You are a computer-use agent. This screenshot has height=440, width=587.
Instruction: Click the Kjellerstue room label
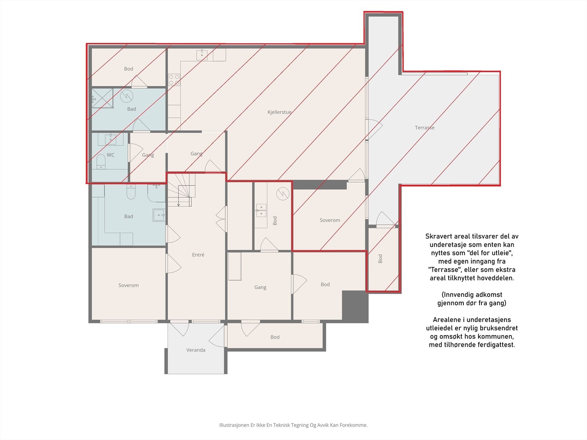click(x=280, y=112)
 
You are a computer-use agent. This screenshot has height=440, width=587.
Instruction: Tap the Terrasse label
click(x=424, y=128)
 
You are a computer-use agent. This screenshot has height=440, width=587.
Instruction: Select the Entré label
click(x=198, y=255)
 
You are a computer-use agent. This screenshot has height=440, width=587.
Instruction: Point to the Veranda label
click(x=196, y=350)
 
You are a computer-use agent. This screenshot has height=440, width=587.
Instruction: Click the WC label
click(x=110, y=155)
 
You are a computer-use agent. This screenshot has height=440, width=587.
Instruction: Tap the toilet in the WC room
click(x=101, y=161)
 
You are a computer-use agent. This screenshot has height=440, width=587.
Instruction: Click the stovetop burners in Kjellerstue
click(x=174, y=80)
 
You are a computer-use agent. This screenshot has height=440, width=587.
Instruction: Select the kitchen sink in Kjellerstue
click(x=202, y=55)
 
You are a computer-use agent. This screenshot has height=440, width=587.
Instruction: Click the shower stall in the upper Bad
click(x=102, y=98)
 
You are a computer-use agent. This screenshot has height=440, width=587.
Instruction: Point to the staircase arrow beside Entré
click(x=178, y=202)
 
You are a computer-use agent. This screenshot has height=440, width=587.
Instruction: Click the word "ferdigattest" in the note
click(x=497, y=345)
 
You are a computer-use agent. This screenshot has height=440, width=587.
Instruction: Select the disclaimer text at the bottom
click(x=293, y=425)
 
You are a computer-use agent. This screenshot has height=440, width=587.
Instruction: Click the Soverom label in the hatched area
click(x=330, y=220)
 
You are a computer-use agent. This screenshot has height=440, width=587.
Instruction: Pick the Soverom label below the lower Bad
click(x=128, y=285)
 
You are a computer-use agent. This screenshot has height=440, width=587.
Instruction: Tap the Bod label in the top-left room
click(x=128, y=69)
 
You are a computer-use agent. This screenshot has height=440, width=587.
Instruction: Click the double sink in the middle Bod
click(x=261, y=210)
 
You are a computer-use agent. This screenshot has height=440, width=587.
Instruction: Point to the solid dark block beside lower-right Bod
click(x=355, y=307)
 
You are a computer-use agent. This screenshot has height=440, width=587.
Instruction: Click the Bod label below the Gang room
click(x=275, y=337)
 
